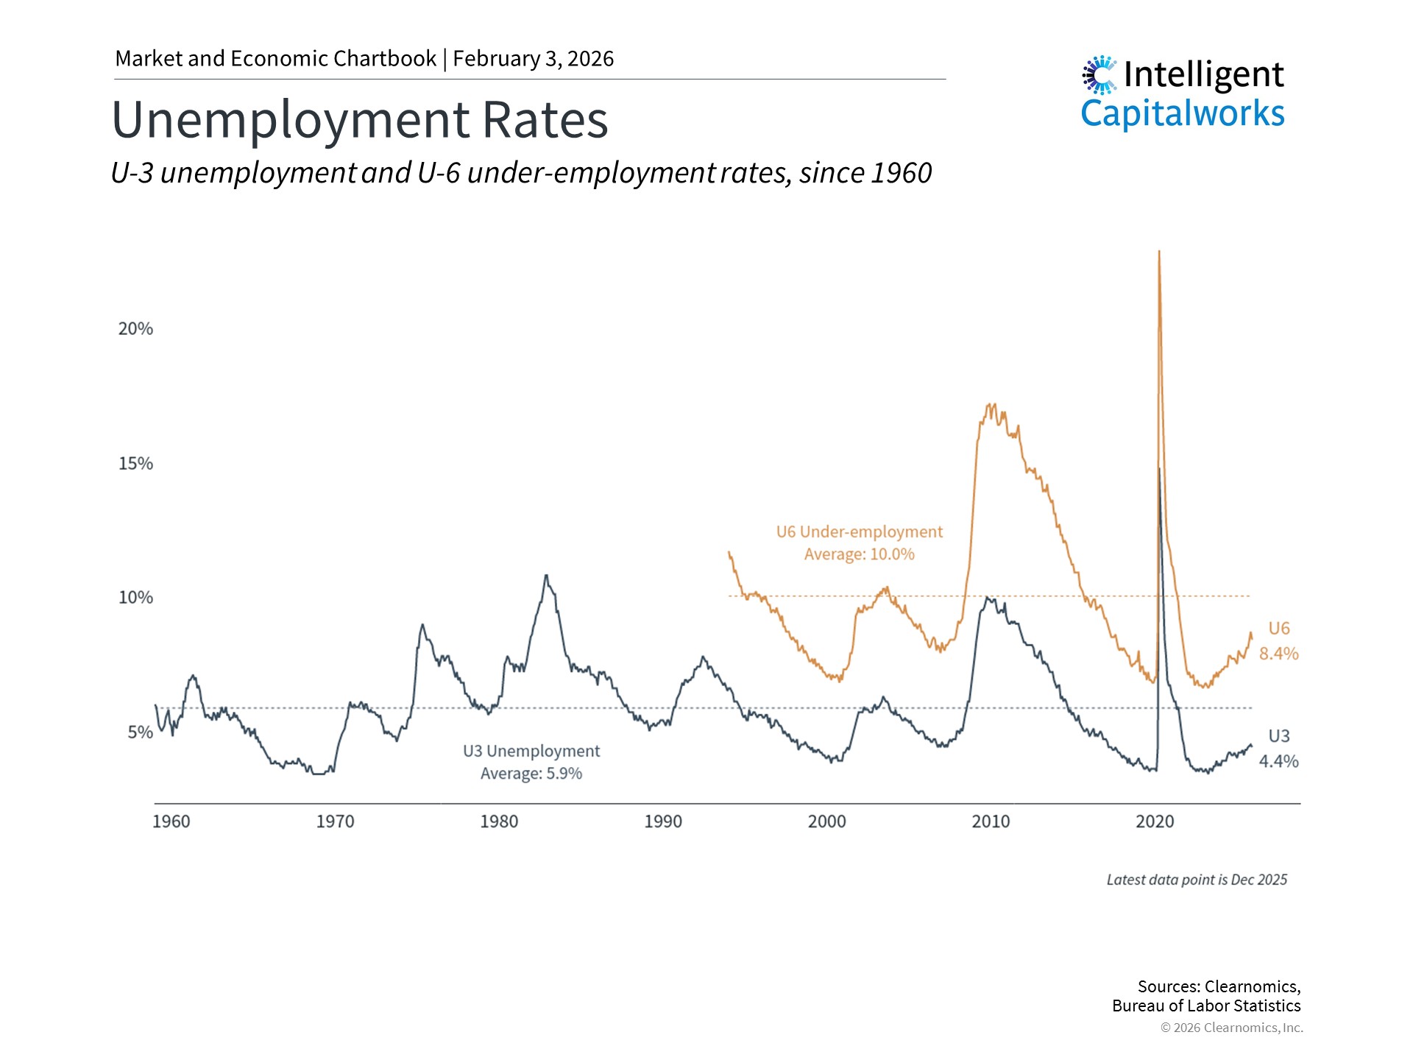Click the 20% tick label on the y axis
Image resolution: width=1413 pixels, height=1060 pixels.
135,329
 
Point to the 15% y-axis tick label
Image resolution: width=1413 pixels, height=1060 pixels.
135,464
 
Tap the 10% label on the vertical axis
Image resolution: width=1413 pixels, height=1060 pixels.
135,598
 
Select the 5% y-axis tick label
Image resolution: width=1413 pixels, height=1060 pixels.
140,732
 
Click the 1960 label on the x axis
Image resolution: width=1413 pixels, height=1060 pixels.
171,821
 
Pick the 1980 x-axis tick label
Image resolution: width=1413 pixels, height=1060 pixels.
499,821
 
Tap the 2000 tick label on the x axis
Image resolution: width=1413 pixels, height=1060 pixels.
826,821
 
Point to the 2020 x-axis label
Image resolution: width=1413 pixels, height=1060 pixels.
1155,821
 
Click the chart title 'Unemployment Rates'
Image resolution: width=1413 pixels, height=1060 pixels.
360,120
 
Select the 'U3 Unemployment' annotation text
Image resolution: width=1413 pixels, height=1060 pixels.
531,752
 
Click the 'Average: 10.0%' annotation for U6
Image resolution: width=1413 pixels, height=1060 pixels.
859,554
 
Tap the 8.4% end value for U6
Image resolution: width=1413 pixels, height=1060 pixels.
1278,654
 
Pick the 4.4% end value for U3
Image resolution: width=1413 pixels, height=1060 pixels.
1278,761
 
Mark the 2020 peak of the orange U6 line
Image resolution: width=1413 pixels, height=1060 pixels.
1159,252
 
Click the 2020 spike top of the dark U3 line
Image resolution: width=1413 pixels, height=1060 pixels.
1159,468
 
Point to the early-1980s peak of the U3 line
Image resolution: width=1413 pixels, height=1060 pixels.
545,576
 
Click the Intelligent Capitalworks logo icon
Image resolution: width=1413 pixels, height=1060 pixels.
1099,75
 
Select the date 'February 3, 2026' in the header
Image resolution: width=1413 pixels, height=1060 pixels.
533,59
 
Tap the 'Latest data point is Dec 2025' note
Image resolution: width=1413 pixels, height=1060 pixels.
1197,880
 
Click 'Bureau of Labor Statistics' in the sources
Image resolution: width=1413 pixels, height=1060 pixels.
1206,1006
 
